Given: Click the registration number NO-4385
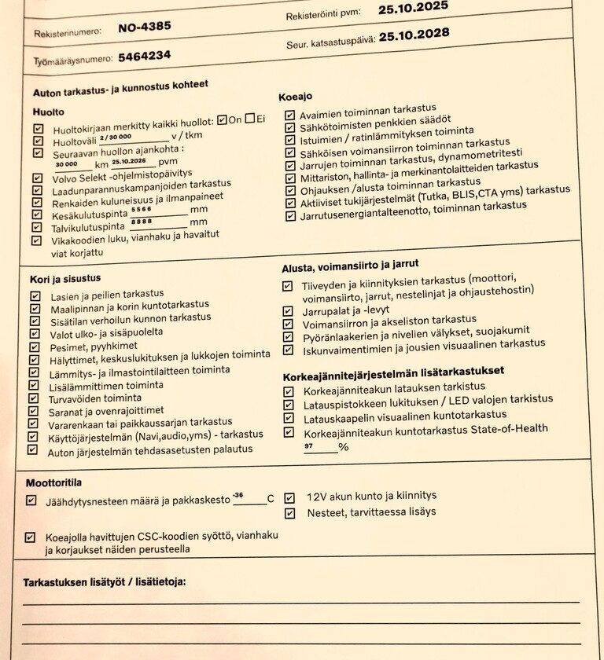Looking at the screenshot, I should click(144, 26).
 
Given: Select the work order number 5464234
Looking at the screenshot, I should click(145, 56).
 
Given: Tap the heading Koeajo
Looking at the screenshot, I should click(295, 97).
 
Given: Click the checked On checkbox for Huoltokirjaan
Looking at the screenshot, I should click(222, 120).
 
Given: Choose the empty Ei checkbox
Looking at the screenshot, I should click(249, 119).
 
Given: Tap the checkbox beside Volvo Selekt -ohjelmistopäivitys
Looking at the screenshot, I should click(36, 178).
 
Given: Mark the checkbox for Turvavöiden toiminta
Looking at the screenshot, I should click(33, 398).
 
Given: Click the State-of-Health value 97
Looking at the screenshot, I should click(308, 445).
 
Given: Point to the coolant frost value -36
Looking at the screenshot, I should click(238, 495).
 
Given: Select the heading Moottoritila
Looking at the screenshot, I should click(54, 482).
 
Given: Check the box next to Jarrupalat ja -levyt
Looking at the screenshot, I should click(289, 310).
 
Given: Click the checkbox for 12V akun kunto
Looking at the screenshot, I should click(289, 497).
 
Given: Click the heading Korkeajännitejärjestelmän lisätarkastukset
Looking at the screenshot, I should click(393, 370).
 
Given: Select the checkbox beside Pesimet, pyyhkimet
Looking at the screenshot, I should click(34, 346).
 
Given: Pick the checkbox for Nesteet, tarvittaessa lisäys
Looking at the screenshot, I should click(289, 513).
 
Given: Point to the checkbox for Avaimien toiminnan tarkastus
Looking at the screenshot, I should click(290, 115).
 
